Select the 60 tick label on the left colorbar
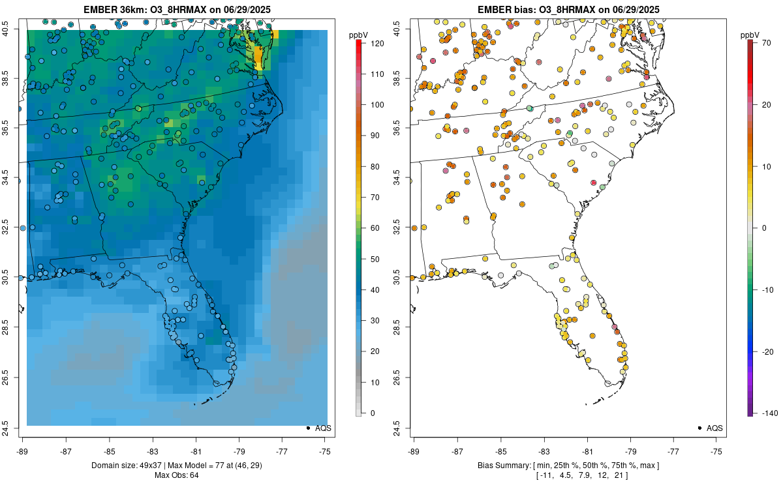click(x=375, y=228)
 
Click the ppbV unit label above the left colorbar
click(x=359, y=34)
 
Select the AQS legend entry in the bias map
click(x=714, y=428)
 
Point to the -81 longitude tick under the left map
click(x=196, y=451)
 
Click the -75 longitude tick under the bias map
click(x=716, y=451)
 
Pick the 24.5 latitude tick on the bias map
click(x=403, y=428)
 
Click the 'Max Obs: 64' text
click(x=176, y=475)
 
